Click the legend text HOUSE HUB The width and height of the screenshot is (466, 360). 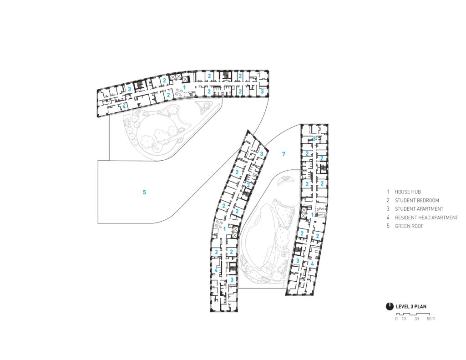407,192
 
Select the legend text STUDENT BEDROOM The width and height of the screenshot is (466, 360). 417,200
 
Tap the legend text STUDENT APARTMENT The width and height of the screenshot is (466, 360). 419,209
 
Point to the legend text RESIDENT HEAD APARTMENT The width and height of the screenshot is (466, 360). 426,218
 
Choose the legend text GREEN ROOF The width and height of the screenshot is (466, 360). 409,226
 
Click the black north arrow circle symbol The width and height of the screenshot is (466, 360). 390,306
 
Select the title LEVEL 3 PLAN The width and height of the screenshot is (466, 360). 411,306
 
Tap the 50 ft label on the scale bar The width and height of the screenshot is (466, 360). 431,319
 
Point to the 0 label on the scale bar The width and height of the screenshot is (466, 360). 396,319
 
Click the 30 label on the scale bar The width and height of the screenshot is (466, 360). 416,319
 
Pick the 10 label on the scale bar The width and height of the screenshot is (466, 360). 403,319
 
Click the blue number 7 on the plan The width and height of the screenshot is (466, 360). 284,154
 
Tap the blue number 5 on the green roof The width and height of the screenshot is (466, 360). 144,192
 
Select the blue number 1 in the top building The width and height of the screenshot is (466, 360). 185,87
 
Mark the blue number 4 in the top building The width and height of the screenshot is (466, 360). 124,106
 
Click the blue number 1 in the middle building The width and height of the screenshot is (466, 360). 225,229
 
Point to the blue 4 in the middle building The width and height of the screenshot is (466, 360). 216,270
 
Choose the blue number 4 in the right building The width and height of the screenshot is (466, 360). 312,264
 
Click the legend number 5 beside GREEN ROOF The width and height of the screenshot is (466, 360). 388,226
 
